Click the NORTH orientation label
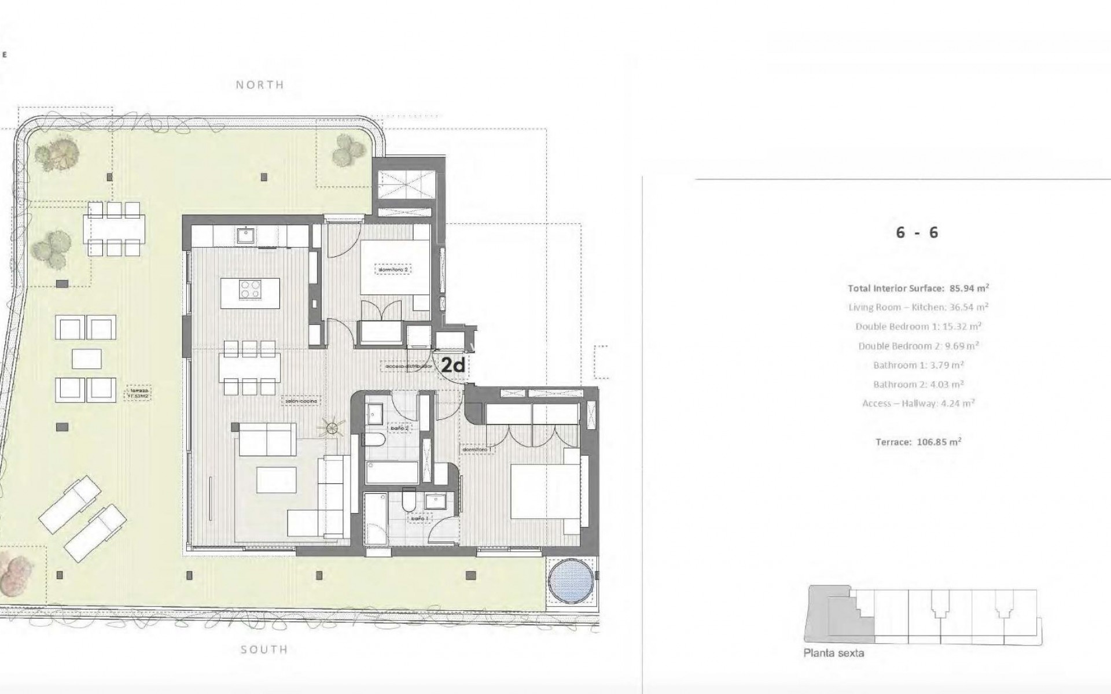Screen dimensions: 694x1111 (260, 85)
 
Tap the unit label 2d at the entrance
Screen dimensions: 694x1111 (454, 365)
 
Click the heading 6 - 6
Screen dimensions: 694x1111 (917, 233)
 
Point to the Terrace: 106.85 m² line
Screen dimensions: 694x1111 (918, 442)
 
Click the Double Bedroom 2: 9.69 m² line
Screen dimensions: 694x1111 (918, 346)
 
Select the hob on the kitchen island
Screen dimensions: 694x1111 (251, 289)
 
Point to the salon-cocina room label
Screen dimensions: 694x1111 (301, 400)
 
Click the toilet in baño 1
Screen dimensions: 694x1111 (409, 501)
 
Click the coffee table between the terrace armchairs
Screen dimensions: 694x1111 (87, 359)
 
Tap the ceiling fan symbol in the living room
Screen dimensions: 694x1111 (332, 428)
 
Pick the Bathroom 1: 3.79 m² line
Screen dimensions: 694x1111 (918, 365)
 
